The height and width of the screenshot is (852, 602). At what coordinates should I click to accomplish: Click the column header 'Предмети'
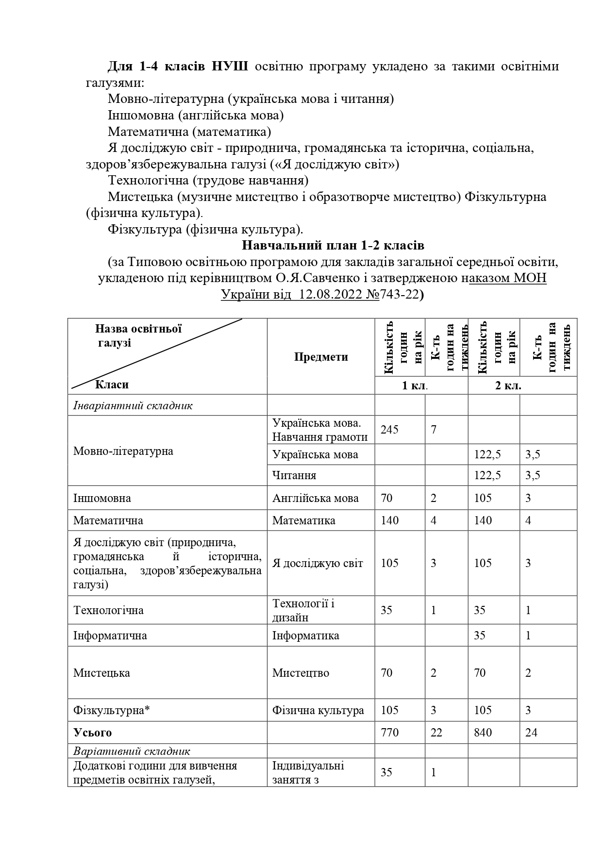click(x=321, y=357)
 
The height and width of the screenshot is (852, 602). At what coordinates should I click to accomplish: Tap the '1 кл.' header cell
click(x=415, y=386)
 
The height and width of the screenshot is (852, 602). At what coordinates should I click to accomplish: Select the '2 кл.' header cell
click(x=508, y=386)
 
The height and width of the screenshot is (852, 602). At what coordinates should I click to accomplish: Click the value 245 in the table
click(x=389, y=430)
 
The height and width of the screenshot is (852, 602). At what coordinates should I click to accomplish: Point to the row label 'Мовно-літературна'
click(x=123, y=451)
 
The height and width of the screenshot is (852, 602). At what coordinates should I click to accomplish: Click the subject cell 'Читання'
click(x=295, y=475)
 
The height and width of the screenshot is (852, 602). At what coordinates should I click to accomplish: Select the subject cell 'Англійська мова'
click(x=316, y=498)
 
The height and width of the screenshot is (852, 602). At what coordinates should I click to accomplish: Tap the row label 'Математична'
click(x=108, y=520)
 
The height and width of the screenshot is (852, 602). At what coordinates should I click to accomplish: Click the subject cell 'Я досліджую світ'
click(x=318, y=563)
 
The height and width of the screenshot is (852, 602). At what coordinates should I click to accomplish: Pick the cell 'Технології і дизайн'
click(x=303, y=610)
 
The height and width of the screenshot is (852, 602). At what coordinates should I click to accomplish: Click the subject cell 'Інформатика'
click(x=306, y=635)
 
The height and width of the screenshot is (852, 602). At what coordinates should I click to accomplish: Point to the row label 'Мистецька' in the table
click(x=101, y=673)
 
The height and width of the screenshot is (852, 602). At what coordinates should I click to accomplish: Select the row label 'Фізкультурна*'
click(x=112, y=710)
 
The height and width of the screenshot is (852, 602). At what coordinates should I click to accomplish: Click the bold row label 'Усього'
click(x=93, y=733)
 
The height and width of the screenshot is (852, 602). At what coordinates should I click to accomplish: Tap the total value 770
click(x=389, y=733)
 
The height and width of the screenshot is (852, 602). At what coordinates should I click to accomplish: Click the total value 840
click(x=483, y=733)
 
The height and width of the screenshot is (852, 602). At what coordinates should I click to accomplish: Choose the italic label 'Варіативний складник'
click(x=132, y=752)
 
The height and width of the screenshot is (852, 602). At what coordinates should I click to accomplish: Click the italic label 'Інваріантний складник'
click(x=133, y=406)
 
